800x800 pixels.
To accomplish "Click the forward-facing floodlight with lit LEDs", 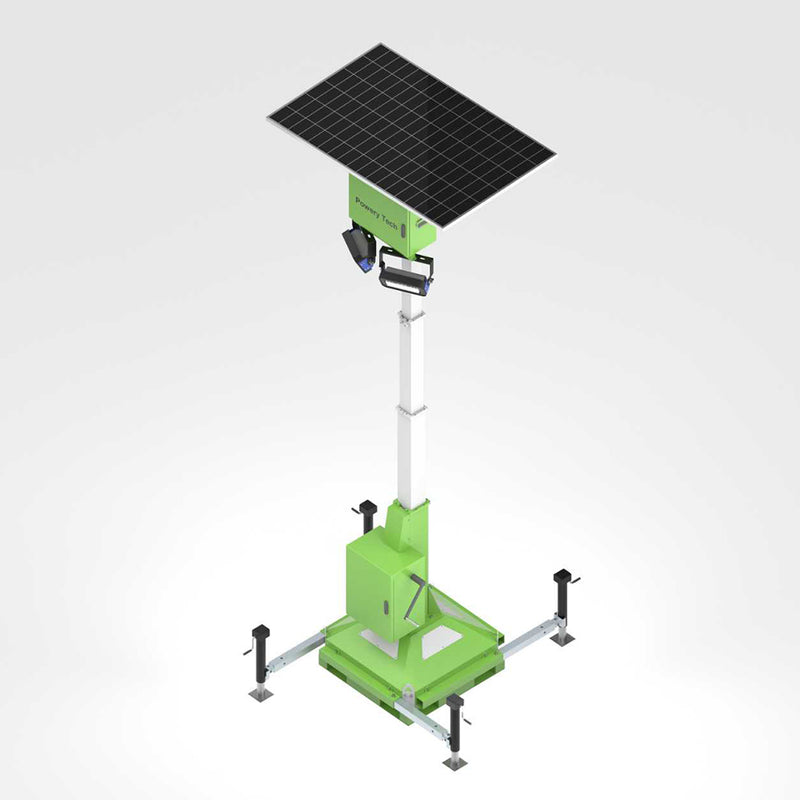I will point(405,273).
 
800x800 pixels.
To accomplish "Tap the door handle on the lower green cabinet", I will point(384,607).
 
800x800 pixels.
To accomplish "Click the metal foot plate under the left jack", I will point(261,693).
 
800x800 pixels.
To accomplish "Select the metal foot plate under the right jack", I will point(563,638).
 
